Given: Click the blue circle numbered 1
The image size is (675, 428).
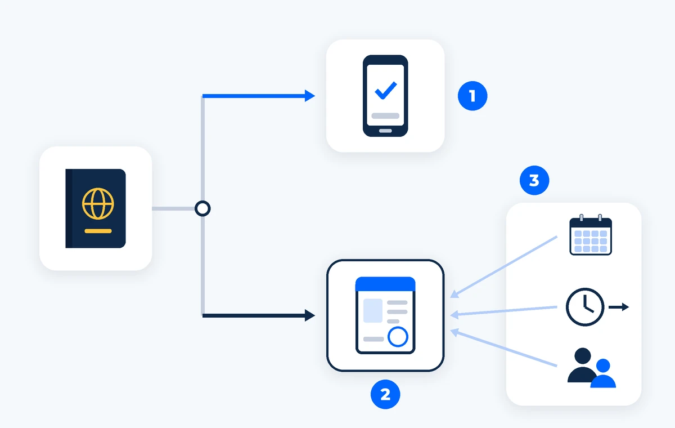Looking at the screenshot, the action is pos(472,96).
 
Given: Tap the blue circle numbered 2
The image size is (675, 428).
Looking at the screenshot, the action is pos(385,394).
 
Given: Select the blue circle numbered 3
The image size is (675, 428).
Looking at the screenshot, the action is pos(534,180).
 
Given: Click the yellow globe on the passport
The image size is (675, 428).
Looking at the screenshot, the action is pos(98,204).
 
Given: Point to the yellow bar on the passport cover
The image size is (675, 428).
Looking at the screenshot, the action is pos(98,231).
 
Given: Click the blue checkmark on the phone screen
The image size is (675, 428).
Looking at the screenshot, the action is pos(385,90).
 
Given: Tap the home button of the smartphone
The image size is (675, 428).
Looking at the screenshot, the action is pos(385,131).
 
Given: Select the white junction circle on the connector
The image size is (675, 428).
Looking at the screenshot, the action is pos(202,208).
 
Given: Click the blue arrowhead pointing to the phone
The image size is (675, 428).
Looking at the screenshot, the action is pos(310,96).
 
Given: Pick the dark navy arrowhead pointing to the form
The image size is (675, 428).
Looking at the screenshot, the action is pos(310,315).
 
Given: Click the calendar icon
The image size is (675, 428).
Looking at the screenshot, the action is pos(590,235).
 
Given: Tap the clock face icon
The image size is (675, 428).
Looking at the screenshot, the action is pos(585,307).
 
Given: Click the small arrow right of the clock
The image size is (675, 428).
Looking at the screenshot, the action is pos(619,307).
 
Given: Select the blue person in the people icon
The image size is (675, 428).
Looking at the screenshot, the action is pos(603,373).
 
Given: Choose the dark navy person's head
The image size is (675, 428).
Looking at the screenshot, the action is pos(583,356).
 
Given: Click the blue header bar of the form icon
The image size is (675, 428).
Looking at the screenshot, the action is pos(385,284).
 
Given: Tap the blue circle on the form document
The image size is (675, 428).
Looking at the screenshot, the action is pos(398,337).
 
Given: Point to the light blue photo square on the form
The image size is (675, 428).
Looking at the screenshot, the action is pos(373,311).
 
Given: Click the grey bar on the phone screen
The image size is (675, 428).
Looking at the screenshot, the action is pos(385,116).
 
